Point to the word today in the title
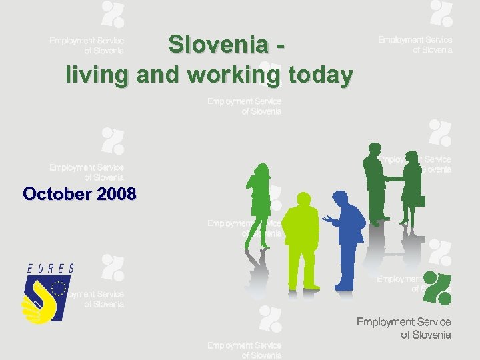tap(320, 75)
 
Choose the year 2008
tap(117, 194)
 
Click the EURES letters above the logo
tap(50, 269)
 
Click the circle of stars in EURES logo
tap(59, 289)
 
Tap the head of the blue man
tap(340, 198)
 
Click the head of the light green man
tap(303, 201)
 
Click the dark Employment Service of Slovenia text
tap(403, 328)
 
